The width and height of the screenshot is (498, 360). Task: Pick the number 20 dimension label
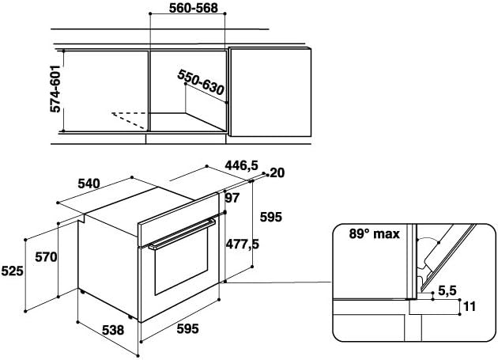276,173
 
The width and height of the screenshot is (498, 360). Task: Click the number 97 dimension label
232,197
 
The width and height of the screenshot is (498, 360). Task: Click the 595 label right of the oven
271,217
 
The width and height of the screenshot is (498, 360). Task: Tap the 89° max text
374,234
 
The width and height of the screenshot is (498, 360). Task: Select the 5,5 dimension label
448,290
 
